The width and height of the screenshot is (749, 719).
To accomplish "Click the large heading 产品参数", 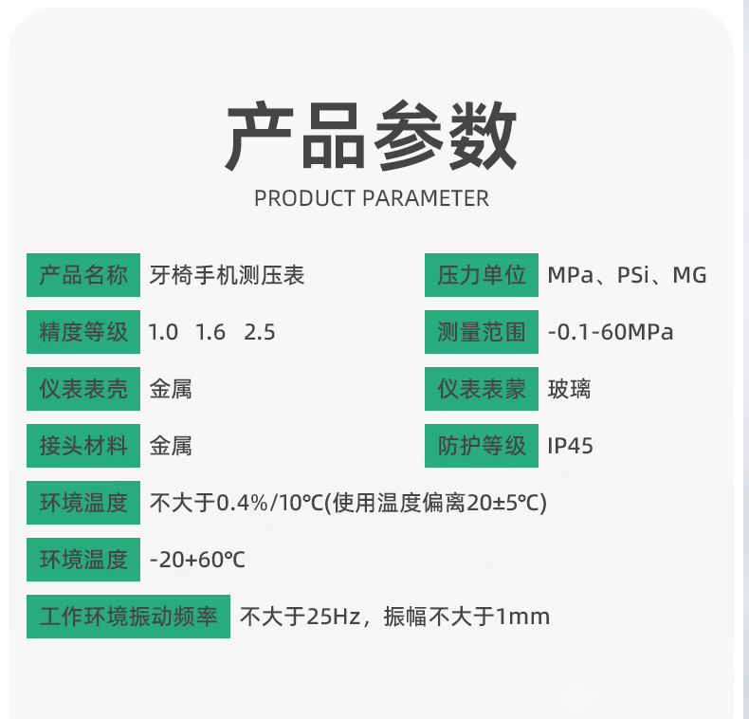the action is pos(372,138).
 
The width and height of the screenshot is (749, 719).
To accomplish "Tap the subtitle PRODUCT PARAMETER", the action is pos(372,198).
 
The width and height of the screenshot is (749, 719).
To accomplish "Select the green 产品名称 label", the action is pos(83,276).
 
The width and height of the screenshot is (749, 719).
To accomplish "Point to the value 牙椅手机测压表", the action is pos(227,276).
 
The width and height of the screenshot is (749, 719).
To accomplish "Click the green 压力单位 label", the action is pos(481,276).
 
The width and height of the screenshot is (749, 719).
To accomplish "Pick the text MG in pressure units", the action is pos(689,276).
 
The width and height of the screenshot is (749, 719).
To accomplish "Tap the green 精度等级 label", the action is pos(83,333).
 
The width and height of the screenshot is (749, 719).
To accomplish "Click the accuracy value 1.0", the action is pos(163,333).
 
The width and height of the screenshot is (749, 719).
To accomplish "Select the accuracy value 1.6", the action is pos(210,333).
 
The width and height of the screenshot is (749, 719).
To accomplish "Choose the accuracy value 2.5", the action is pos(259,333).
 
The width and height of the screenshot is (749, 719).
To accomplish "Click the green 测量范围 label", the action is pos(481,333).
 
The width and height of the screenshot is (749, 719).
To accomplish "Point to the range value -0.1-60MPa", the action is pos(611,333).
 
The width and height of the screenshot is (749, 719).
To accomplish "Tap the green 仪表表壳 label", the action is pos(83,389).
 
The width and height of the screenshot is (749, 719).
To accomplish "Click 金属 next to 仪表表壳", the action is pos(171,389).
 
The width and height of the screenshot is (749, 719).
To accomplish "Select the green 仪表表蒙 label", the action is pos(481,389).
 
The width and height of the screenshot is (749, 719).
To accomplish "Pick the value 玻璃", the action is pos(569,389).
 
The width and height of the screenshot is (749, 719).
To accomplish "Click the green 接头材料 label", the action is pos(83,446).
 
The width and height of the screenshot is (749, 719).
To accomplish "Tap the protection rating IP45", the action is pos(571,446).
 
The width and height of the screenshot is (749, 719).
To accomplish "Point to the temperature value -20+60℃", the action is pos(197,560).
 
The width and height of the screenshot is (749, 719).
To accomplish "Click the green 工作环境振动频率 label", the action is pos(128,617).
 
